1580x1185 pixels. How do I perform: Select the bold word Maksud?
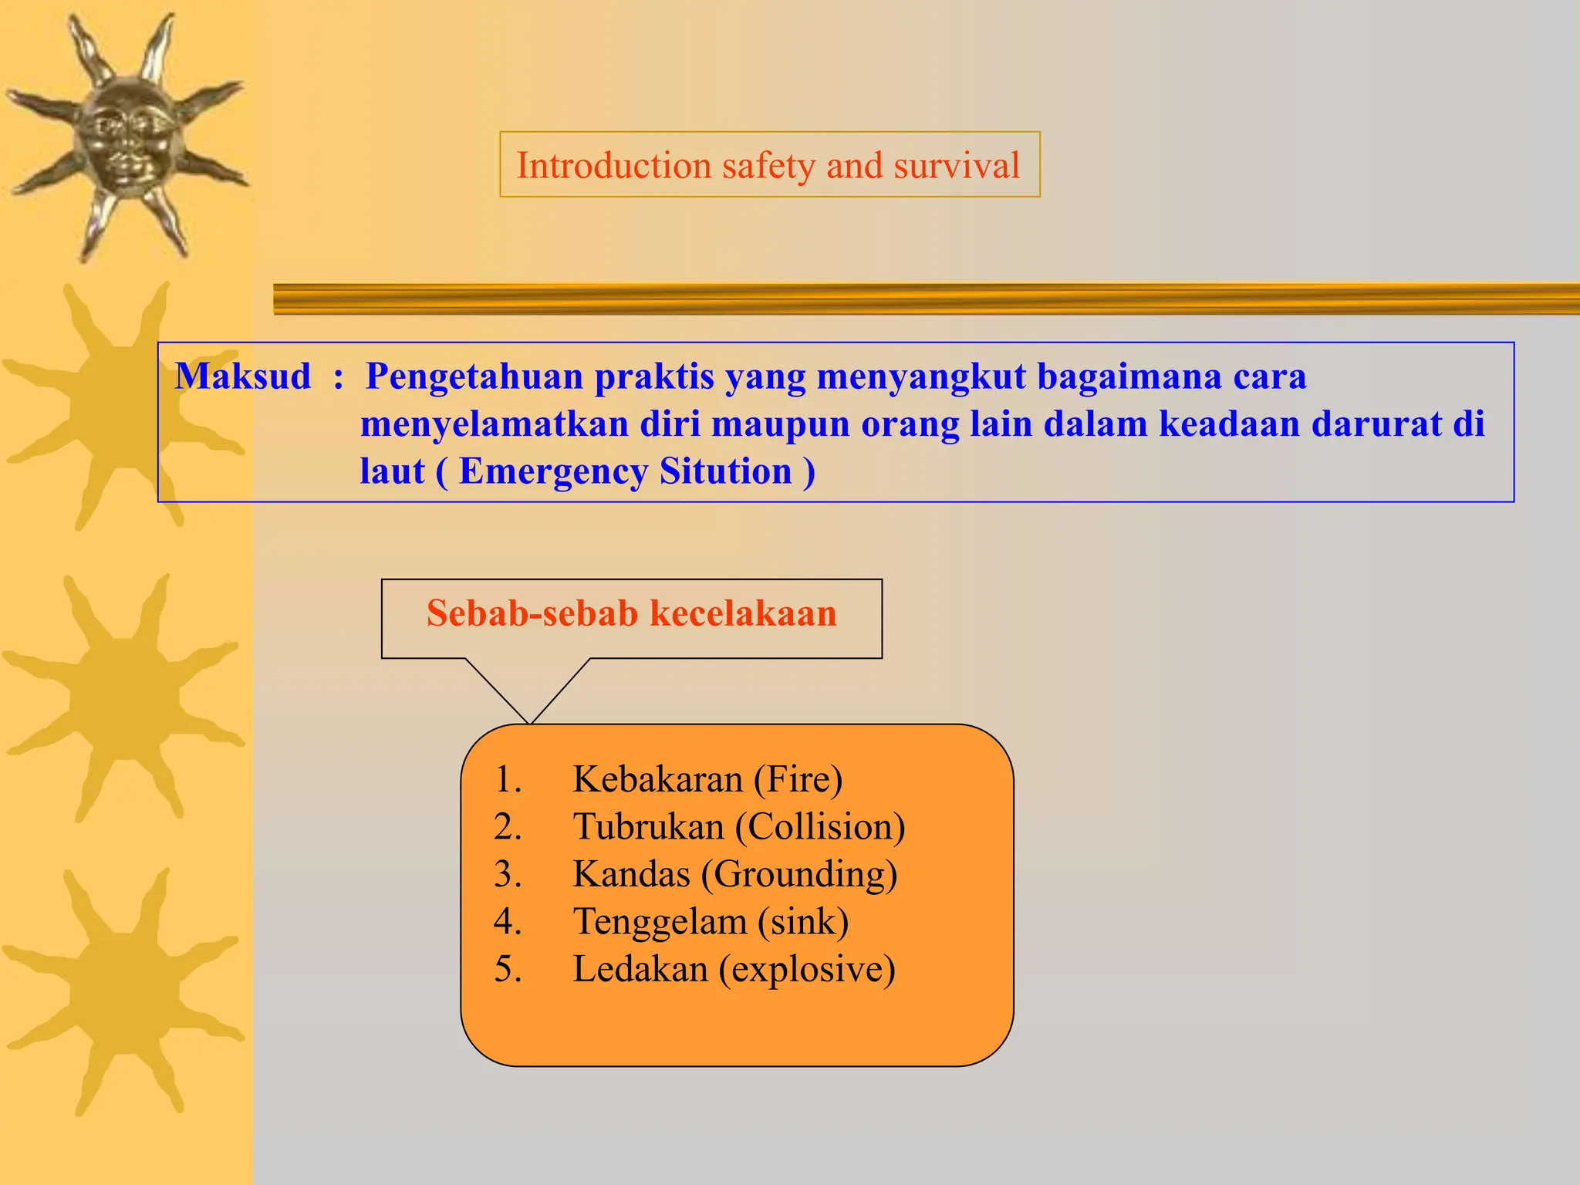click(243, 376)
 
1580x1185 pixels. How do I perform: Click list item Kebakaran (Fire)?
click(707, 779)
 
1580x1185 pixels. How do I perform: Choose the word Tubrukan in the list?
click(648, 827)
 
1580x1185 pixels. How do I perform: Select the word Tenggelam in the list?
click(659, 922)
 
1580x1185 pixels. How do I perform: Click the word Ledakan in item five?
click(640, 969)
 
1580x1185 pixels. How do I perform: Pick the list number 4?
click(507, 922)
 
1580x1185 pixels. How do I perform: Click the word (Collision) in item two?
click(820, 827)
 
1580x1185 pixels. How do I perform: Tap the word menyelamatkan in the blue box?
click(494, 424)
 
